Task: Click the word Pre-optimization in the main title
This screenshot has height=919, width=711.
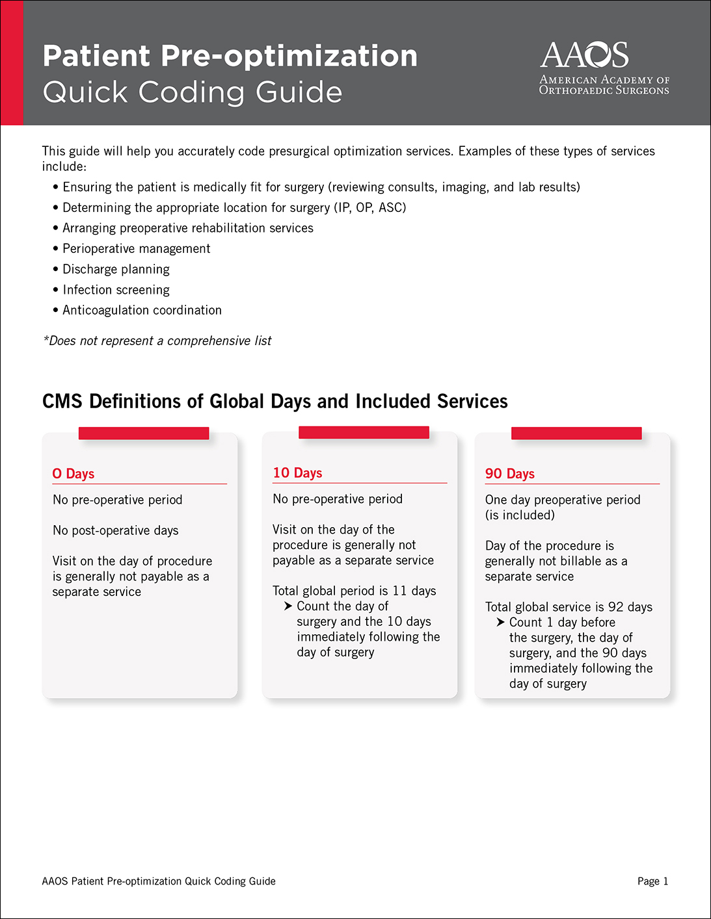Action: [289, 56]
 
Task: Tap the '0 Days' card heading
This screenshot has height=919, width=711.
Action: [74, 474]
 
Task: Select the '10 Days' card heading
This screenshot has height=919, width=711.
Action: [297, 473]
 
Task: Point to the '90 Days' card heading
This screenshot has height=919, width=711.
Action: [510, 474]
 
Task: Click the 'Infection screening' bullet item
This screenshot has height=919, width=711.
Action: [116, 290]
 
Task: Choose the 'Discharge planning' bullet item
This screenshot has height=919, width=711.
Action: [116, 269]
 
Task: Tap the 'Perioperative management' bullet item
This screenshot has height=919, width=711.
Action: [136, 249]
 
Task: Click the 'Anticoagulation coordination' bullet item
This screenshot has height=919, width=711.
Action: [142, 311]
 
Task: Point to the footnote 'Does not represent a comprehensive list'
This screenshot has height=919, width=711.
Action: [157, 341]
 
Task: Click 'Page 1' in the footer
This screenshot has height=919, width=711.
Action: [652, 881]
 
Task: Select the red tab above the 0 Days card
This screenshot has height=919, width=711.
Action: [144, 433]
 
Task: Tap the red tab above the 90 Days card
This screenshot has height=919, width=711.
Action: [576, 433]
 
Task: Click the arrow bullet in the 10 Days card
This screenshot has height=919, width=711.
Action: [288, 606]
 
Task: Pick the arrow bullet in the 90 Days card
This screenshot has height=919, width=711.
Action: [500, 623]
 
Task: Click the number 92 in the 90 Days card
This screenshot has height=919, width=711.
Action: [615, 607]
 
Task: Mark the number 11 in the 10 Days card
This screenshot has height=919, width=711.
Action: [399, 591]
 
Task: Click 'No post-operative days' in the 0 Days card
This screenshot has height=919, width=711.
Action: [116, 530]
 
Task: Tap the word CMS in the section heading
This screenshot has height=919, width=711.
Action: [62, 401]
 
